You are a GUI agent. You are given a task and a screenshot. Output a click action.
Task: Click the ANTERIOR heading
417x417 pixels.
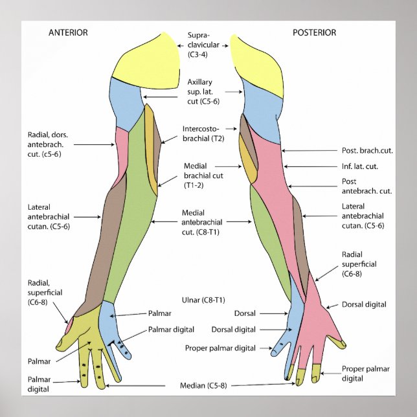(x=68, y=32)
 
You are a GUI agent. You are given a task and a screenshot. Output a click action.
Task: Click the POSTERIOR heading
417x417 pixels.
(x=314, y=32)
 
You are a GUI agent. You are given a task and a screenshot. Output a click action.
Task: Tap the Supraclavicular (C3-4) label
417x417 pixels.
(x=203, y=46)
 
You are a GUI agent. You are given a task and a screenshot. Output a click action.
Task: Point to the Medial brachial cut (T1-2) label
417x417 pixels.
(x=203, y=175)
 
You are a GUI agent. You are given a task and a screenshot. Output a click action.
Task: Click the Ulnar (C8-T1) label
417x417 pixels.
(x=203, y=300)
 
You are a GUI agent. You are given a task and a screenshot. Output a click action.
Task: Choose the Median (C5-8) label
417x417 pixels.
(x=203, y=385)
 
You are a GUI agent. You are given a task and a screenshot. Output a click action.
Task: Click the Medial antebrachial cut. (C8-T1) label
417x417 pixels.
(x=203, y=222)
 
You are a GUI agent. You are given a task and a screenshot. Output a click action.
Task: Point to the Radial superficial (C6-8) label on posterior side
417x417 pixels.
(x=359, y=264)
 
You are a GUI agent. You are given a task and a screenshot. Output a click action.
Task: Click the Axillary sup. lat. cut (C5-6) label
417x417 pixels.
(x=203, y=91)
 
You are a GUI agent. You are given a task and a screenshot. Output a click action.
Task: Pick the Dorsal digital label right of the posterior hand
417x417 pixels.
(x=363, y=304)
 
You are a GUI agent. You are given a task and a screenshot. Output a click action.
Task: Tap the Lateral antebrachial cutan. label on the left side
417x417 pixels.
(x=48, y=217)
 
